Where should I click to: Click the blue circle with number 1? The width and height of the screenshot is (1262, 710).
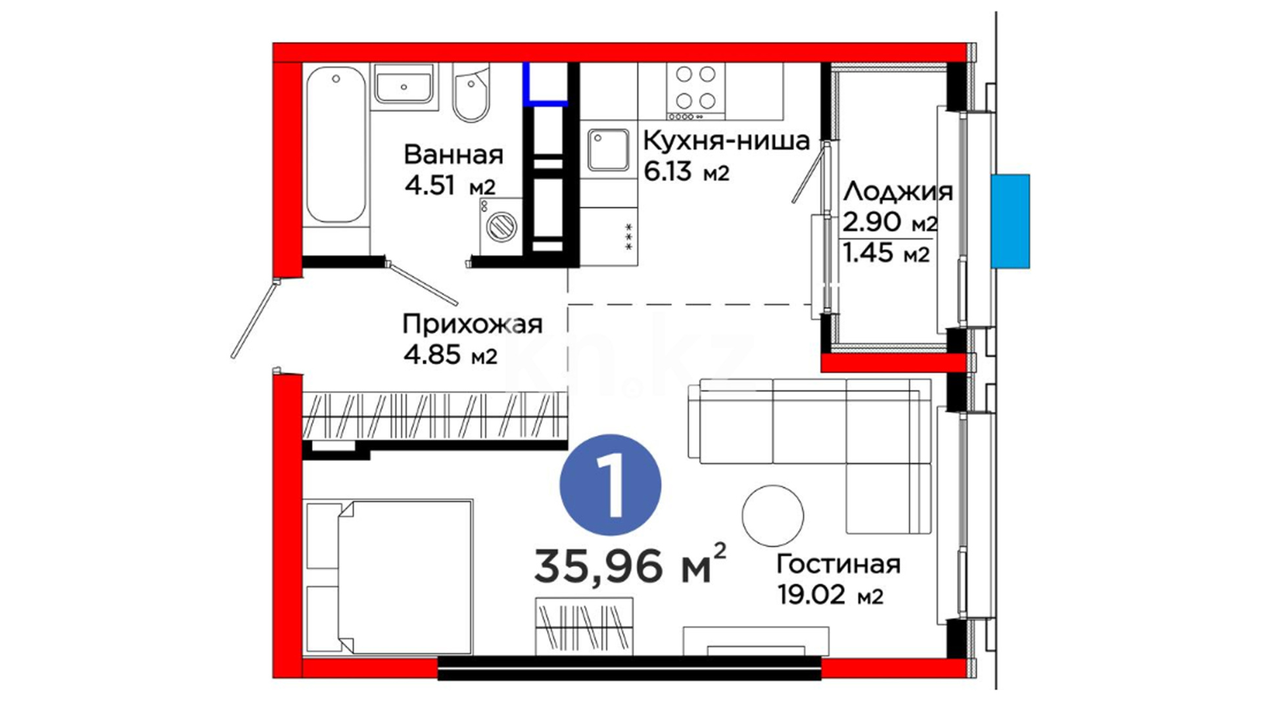[x=610, y=485]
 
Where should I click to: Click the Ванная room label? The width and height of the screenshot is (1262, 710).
[x=454, y=155]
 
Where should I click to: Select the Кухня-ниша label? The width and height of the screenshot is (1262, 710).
[x=726, y=140]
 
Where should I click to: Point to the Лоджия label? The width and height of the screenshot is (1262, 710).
[x=898, y=191]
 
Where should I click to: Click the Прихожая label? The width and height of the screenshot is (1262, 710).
[x=473, y=324]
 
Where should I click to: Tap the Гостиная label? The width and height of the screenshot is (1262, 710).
[x=839, y=564]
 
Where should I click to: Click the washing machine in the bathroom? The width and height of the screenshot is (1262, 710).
[x=501, y=225]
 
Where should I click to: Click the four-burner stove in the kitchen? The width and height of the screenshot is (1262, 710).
[x=695, y=91]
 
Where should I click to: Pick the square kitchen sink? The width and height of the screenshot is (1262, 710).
[x=609, y=150]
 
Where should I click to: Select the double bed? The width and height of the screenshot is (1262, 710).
[x=388, y=577]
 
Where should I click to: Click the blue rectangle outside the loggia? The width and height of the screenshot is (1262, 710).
[x=1010, y=221]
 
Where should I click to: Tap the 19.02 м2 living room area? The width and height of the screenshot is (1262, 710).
[x=830, y=596]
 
